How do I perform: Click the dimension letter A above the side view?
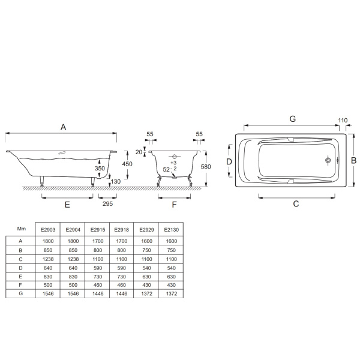pos(64,127)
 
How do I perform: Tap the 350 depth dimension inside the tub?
pos(100,168)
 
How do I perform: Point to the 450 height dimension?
pos(127,164)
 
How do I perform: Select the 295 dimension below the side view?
pos(107,203)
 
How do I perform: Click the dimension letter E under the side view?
pos(67,205)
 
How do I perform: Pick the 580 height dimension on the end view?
pos(206,166)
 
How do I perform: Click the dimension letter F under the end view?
pos(174,205)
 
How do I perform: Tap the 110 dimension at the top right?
pos(343,120)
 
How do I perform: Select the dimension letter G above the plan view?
pos(293,119)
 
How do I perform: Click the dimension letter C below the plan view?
pos(296,203)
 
